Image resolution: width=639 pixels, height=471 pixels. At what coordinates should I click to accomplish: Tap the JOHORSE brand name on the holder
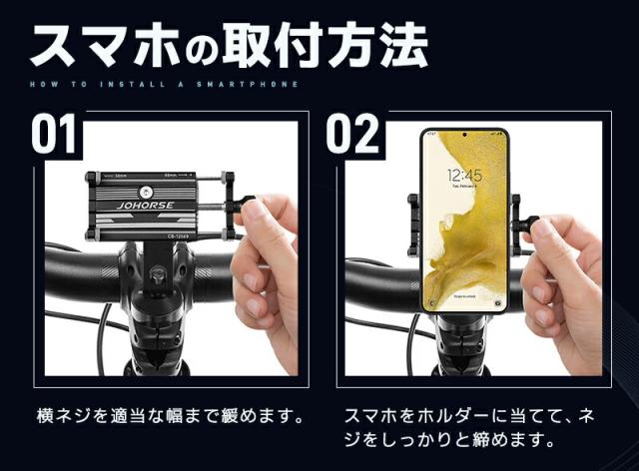pyautogui.click(x=146, y=211)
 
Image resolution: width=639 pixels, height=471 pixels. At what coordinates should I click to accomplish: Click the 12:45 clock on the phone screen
pyautogui.click(x=463, y=175)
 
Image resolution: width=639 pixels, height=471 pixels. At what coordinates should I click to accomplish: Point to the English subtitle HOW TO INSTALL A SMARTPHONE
pyautogui.click(x=165, y=85)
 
